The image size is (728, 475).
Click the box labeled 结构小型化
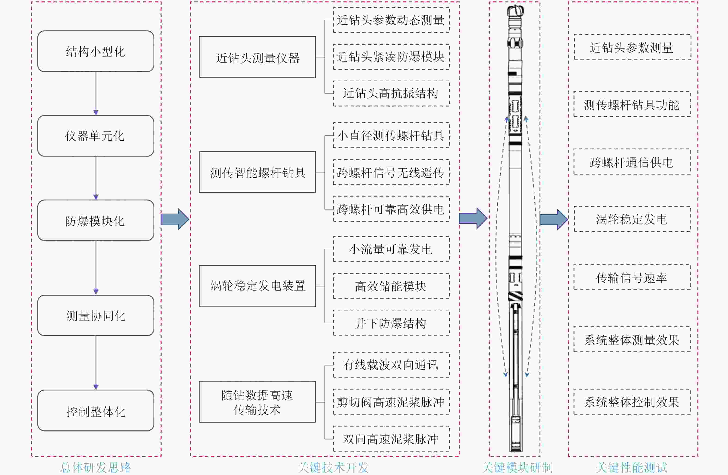pyautogui.click(x=95, y=51)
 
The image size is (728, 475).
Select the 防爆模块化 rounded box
pyautogui.click(x=95, y=220)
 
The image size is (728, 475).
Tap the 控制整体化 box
pyautogui.click(x=95, y=411)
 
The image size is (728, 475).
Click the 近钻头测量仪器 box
pyautogui.click(x=257, y=57)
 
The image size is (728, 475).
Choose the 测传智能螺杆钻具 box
pyautogui.click(x=257, y=172)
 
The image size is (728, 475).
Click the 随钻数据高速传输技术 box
pyautogui.click(x=257, y=402)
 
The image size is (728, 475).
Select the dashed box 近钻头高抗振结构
pyautogui.click(x=391, y=94)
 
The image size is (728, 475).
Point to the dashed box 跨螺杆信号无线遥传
pyautogui.click(x=391, y=172)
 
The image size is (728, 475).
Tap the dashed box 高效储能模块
pyautogui.click(x=391, y=286)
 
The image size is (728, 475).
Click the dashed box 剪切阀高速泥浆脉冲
pyautogui.click(x=391, y=402)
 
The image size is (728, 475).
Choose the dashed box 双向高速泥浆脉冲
pyautogui.click(x=391, y=439)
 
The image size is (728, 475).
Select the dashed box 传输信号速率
pyautogui.click(x=632, y=277)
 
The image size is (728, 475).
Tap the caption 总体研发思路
pyautogui.click(x=96, y=467)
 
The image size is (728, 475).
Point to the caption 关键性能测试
pyautogui.click(x=632, y=467)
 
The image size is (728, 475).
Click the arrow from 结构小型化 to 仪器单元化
pyautogui.click(x=96, y=93)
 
